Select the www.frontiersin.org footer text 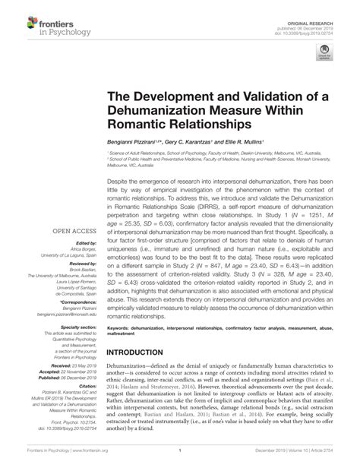point(79,459)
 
